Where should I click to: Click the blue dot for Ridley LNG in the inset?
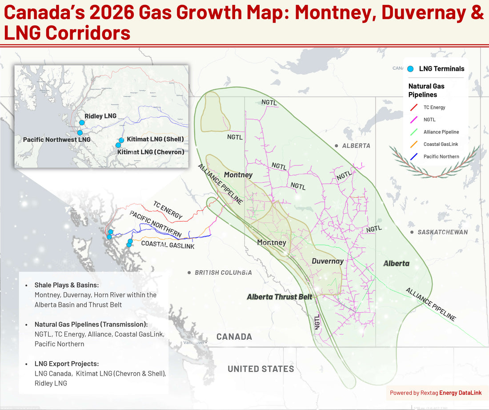(82, 122)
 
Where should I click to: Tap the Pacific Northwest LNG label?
(56, 140)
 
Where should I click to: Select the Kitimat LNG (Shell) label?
(155, 139)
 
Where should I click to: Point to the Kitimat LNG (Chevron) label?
(151, 152)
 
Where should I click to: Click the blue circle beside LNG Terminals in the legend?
(410, 69)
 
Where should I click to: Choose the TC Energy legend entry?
(434, 107)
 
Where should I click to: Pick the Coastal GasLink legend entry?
(440, 144)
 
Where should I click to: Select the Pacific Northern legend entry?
(441, 157)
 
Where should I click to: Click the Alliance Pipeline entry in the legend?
(441, 132)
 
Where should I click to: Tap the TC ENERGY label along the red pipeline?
(168, 210)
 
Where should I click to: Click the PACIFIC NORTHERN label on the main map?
(156, 224)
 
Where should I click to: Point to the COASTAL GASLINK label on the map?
(168, 245)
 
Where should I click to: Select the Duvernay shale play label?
(327, 261)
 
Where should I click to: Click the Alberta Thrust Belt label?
(280, 297)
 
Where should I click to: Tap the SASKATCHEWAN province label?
(442, 232)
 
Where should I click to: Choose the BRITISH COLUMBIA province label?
(223, 272)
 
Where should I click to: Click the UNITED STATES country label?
(261, 369)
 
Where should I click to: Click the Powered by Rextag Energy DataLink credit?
(436, 393)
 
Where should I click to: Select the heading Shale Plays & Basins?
(67, 285)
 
